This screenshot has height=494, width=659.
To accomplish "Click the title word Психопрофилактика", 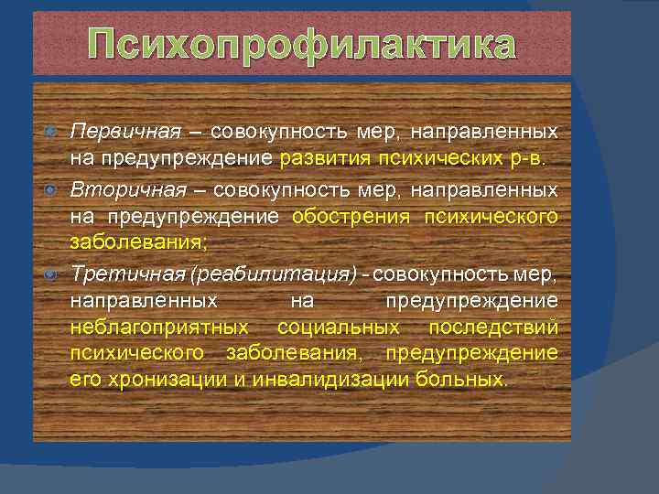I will (x=302, y=46).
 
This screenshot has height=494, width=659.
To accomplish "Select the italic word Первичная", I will (x=114, y=133).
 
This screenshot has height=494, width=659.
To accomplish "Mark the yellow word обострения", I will (x=351, y=217).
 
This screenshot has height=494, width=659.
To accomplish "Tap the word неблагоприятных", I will (x=158, y=327).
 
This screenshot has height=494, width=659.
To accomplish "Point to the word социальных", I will (x=338, y=327).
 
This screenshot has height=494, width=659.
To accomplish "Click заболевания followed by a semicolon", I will (x=137, y=242).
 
